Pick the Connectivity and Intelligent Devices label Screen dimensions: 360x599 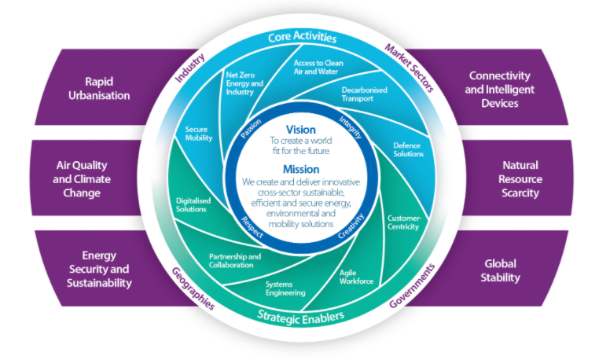[502, 89]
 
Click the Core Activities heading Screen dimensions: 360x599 [302, 37]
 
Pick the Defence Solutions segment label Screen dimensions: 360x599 [407, 149]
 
